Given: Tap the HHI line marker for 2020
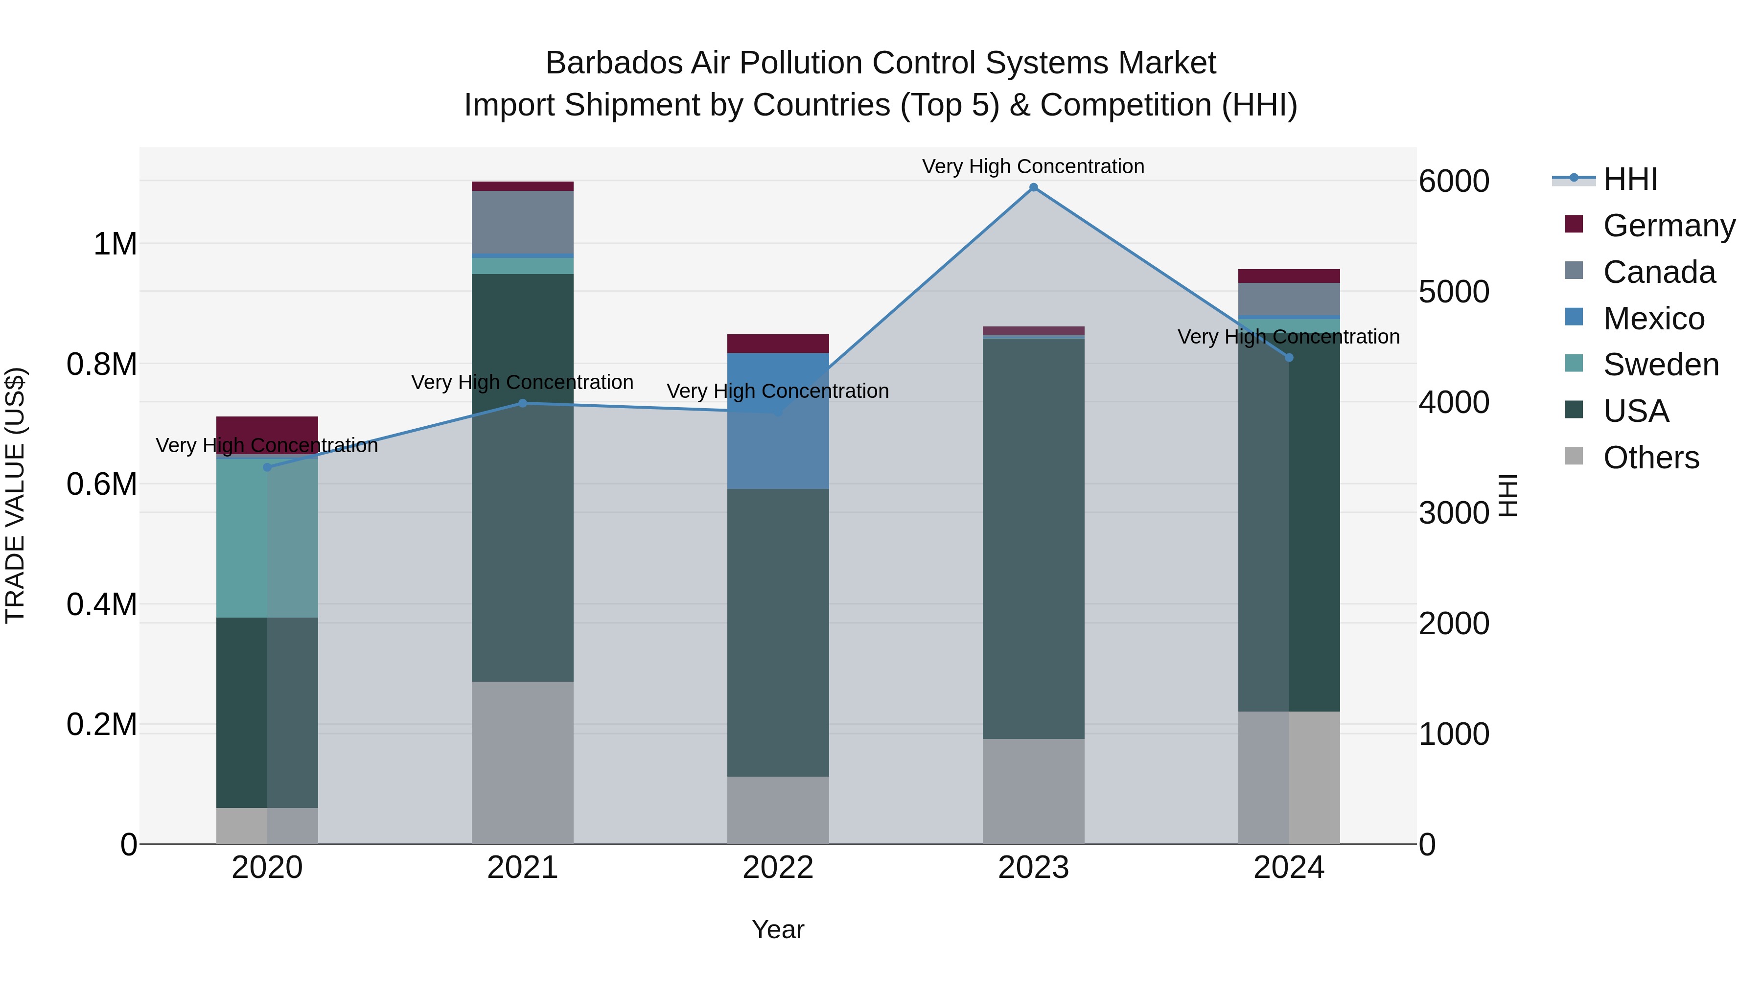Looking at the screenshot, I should click(x=267, y=467).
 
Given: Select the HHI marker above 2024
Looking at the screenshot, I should click(x=1289, y=358).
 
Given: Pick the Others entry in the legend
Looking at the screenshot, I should click(x=1650, y=458).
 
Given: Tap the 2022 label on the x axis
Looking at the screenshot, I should click(x=778, y=868).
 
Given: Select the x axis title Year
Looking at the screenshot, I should click(x=778, y=929).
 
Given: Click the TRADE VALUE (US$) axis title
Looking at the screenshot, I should click(x=15, y=495).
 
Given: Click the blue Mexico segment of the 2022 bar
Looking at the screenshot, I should click(x=778, y=420).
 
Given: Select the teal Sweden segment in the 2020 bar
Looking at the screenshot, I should click(x=267, y=537).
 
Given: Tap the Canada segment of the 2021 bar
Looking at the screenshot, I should click(x=523, y=222).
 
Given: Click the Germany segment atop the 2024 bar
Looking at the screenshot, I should click(x=1289, y=276).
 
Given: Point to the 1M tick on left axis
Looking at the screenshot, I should click(x=115, y=244).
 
